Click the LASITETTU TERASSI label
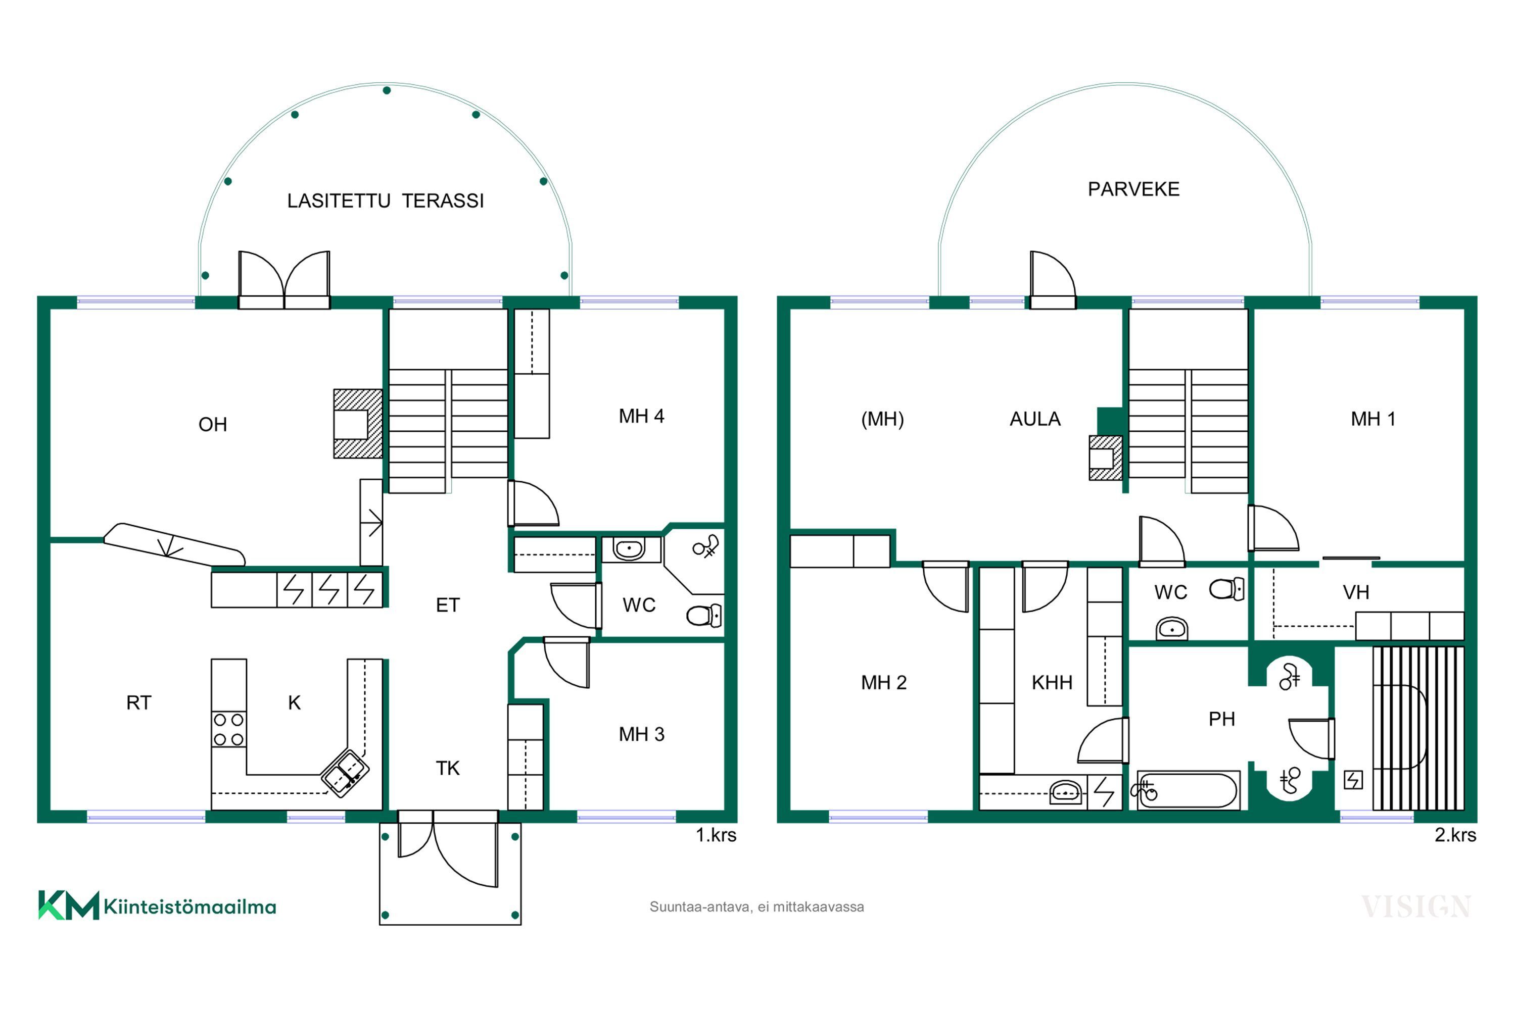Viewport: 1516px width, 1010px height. pyautogui.click(x=386, y=201)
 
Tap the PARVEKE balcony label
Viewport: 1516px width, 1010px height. pyautogui.click(x=1134, y=189)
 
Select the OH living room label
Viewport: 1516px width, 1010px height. pyautogui.click(x=213, y=425)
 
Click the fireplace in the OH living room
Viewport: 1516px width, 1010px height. pyautogui.click(x=358, y=424)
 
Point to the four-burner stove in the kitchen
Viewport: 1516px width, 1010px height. pyautogui.click(x=229, y=729)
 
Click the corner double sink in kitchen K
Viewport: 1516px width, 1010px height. pyautogui.click(x=345, y=773)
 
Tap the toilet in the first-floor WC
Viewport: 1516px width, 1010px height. pyautogui.click(x=704, y=616)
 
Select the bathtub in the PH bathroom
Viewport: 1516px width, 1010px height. pyautogui.click(x=1188, y=790)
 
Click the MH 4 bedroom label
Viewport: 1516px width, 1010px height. pyautogui.click(x=641, y=416)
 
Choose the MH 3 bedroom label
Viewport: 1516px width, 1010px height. pyautogui.click(x=641, y=734)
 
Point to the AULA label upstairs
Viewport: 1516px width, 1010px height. pyautogui.click(x=1035, y=419)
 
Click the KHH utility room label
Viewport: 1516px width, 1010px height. pyautogui.click(x=1052, y=683)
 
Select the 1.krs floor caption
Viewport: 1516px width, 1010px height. pyautogui.click(x=716, y=835)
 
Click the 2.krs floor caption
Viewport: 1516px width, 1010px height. pyautogui.click(x=1455, y=835)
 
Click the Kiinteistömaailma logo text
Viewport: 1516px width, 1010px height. pyautogui.click(x=189, y=907)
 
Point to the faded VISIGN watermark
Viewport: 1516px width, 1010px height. pyautogui.click(x=1416, y=907)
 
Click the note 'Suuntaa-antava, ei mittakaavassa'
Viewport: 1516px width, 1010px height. pyautogui.click(x=756, y=907)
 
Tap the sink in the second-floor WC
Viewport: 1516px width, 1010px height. pyautogui.click(x=1172, y=628)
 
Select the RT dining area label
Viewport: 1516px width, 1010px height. pyautogui.click(x=138, y=703)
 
